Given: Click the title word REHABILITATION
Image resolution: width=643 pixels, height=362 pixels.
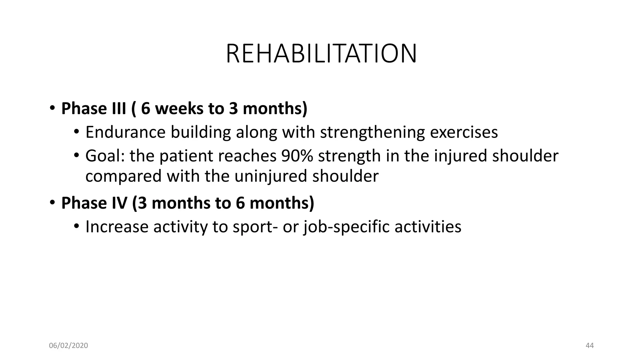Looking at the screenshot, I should click(321, 54).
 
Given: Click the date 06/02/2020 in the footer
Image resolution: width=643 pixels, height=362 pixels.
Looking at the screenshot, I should click(68, 346).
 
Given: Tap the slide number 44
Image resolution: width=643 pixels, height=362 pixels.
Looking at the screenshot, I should click(590, 346).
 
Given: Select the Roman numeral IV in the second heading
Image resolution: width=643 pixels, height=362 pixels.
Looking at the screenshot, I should click(119, 203).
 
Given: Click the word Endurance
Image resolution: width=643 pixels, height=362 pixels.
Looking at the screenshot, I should click(125, 132).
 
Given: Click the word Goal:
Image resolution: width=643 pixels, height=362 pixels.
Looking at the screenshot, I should click(105, 156).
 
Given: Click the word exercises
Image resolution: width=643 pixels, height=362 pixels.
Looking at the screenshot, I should click(464, 132).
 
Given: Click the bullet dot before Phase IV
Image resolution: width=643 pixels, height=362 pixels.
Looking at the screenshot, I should click(52, 203).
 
